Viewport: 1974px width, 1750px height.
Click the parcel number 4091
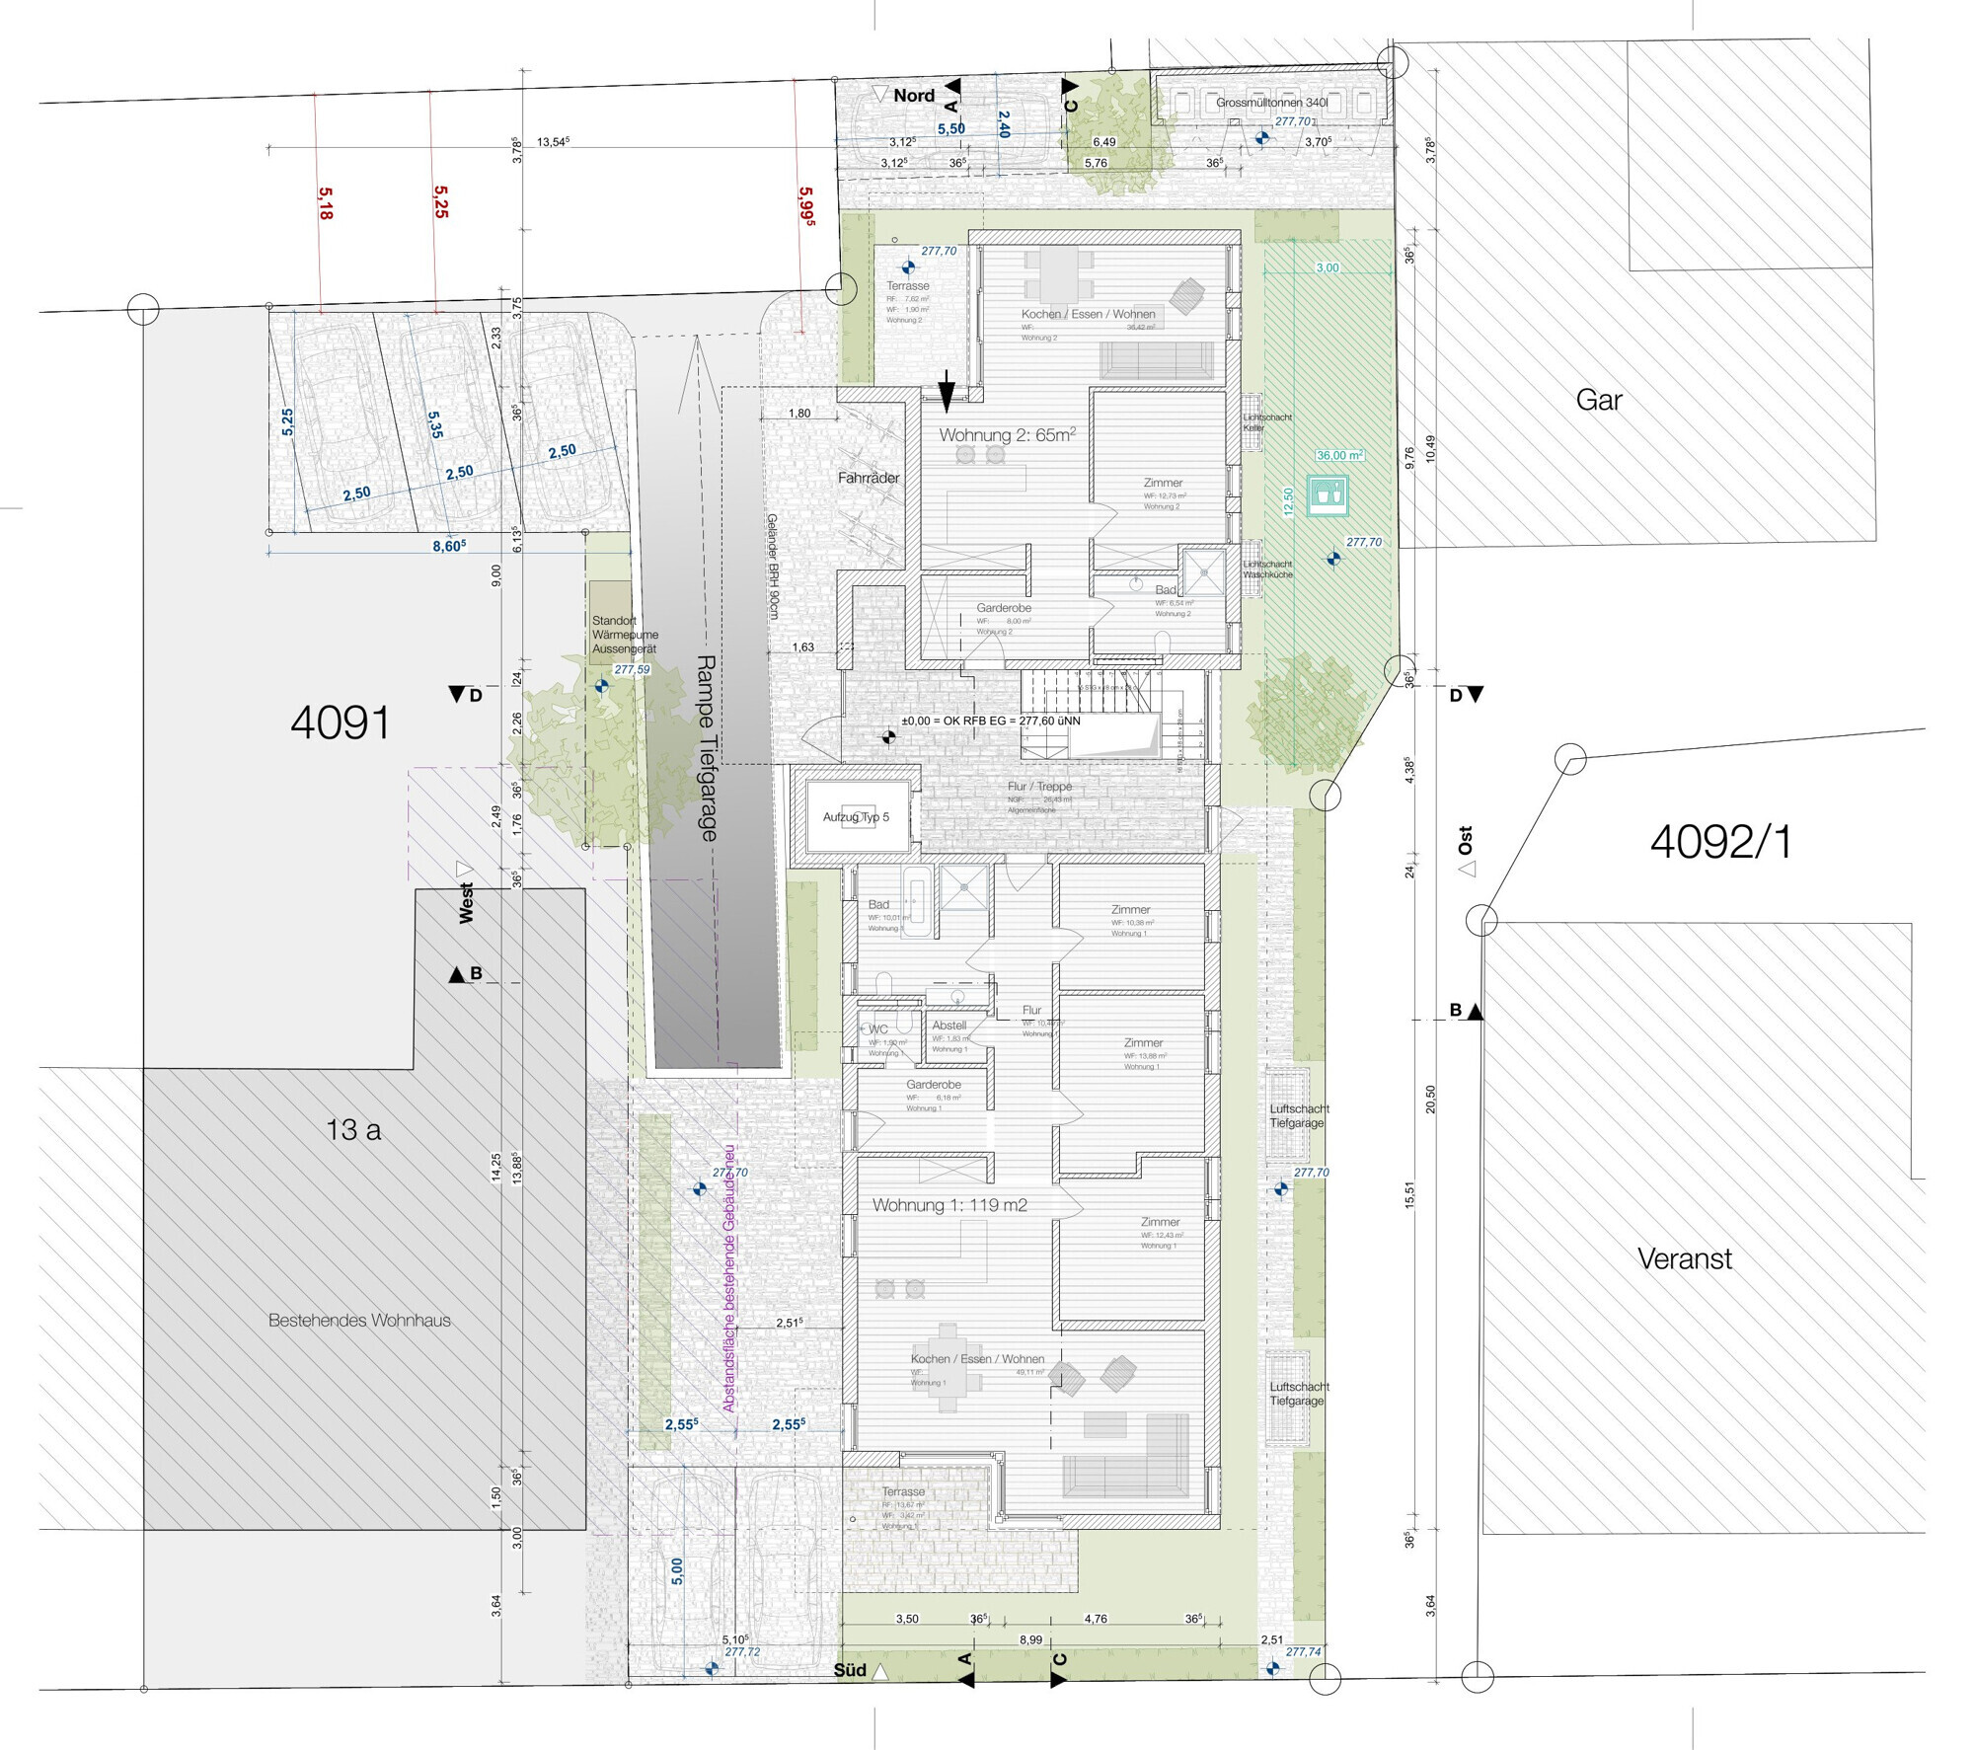[340, 723]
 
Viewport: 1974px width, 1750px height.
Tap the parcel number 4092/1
[1720, 842]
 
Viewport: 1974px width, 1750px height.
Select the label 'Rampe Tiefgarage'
[707, 747]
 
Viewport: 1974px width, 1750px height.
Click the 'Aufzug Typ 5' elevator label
[856, 817]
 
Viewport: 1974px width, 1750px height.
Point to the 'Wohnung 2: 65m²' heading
[1007, 435]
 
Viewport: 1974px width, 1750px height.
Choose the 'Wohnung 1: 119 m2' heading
[949, 1205]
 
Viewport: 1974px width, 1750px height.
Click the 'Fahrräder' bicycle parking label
[869, 478]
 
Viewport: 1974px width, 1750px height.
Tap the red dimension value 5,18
[326, 203]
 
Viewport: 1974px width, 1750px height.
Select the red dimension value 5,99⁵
[806, 207]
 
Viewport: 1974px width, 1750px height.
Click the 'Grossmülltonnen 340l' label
[1271, 103]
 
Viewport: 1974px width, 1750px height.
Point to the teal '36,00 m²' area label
[1339, 455]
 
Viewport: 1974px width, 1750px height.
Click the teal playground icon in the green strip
[1328, 495]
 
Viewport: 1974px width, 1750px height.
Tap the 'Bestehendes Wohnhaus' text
[359, 1320]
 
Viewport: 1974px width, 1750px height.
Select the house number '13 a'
[353, 1130]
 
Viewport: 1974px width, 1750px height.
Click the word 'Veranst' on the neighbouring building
[1684, 1258]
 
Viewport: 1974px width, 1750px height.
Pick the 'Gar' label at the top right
[1599, 400]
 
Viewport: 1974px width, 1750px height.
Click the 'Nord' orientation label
[914, 96]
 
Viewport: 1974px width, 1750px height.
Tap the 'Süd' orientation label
[850, 1670]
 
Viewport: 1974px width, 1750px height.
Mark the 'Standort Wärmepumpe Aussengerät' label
[624, 635]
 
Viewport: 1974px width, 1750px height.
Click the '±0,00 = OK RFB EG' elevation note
[990, 721]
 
